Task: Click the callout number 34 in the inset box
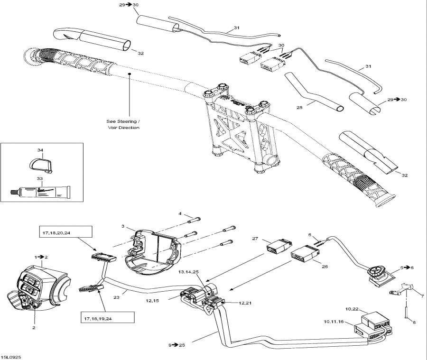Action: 40,150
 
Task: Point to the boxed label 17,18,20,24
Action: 65,232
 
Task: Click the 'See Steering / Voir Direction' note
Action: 123,124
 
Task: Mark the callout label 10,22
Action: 352,309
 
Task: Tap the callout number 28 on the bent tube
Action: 299,108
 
